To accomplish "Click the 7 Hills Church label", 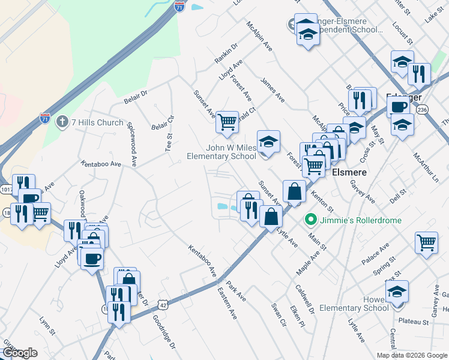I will (x=98, y=122).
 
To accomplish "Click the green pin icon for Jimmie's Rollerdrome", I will (x=310, y=220).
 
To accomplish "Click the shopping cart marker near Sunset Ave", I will (x=227, y=122).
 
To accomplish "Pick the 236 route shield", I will (x=422, y=110).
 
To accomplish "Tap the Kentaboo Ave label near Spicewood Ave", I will (x=101, y=163).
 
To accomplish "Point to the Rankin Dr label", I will (x=226, y=53).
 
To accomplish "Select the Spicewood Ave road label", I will (x=133, y=143).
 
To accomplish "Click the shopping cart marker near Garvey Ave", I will (x=426, y=243).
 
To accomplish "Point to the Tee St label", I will (x=169, y=142).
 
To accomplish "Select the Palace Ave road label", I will (x=376, y=254).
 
